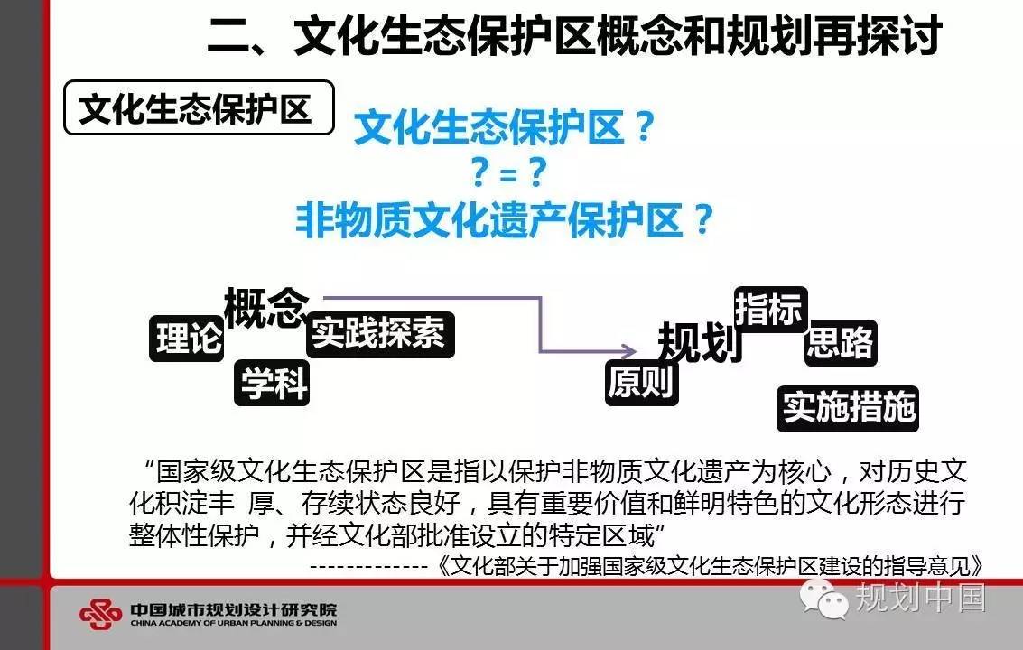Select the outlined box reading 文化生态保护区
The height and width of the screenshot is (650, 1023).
point(199,107)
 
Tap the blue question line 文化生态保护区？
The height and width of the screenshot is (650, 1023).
point(505,126)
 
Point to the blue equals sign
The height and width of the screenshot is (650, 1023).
point(508,175)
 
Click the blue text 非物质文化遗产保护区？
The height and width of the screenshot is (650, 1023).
point(505,220)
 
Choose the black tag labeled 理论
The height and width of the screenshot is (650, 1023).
point(187,338)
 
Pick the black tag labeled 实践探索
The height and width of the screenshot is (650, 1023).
point(380,334)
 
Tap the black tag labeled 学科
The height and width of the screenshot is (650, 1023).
point(272,383)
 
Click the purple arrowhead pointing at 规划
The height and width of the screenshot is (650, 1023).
point(629,351)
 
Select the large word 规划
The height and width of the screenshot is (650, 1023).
point(700,342)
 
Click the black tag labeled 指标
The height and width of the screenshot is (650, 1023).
point(770,309)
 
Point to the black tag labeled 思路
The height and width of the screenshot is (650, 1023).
point(841,342)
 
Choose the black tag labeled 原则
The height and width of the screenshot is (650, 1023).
point(642,383)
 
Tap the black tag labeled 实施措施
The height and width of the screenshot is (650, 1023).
point(848,409)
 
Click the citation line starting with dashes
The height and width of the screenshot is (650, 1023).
point(646,565)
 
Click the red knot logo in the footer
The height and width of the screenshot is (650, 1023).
point(100,614)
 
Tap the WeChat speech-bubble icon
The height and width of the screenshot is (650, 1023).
point(824,597)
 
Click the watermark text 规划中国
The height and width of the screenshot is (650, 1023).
point(920,597)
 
